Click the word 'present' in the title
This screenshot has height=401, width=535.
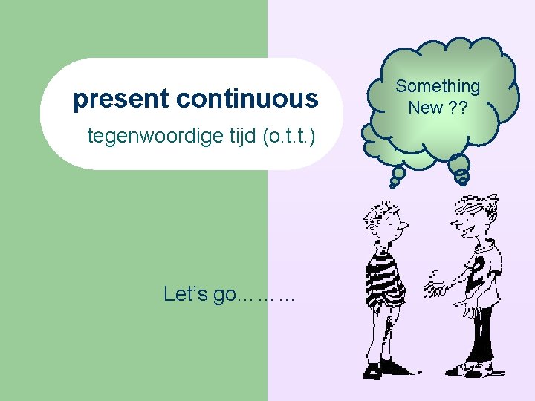pos(122,100)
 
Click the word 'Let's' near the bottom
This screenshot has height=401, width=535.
pos(186,294)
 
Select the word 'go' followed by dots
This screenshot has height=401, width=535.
pos(224,295)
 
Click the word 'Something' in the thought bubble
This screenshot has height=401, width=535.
pos(438,87)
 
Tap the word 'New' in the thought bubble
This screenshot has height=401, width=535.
pos(425,108)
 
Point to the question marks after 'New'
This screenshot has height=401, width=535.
pos(458,108)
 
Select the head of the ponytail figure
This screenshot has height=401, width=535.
pos(470,215)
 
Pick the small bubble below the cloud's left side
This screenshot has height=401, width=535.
pos(398,175)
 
